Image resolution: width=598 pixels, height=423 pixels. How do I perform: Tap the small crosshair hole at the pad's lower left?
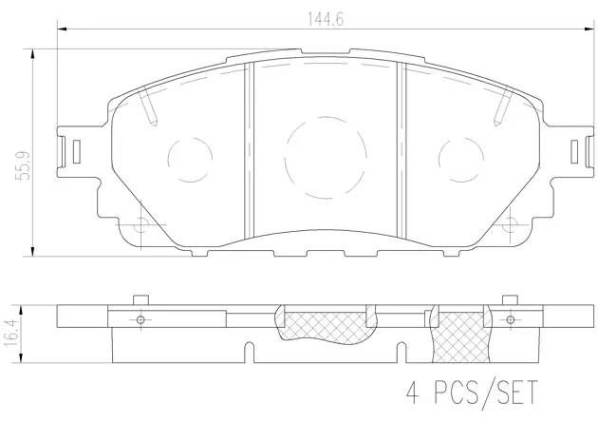click(142, 226)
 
